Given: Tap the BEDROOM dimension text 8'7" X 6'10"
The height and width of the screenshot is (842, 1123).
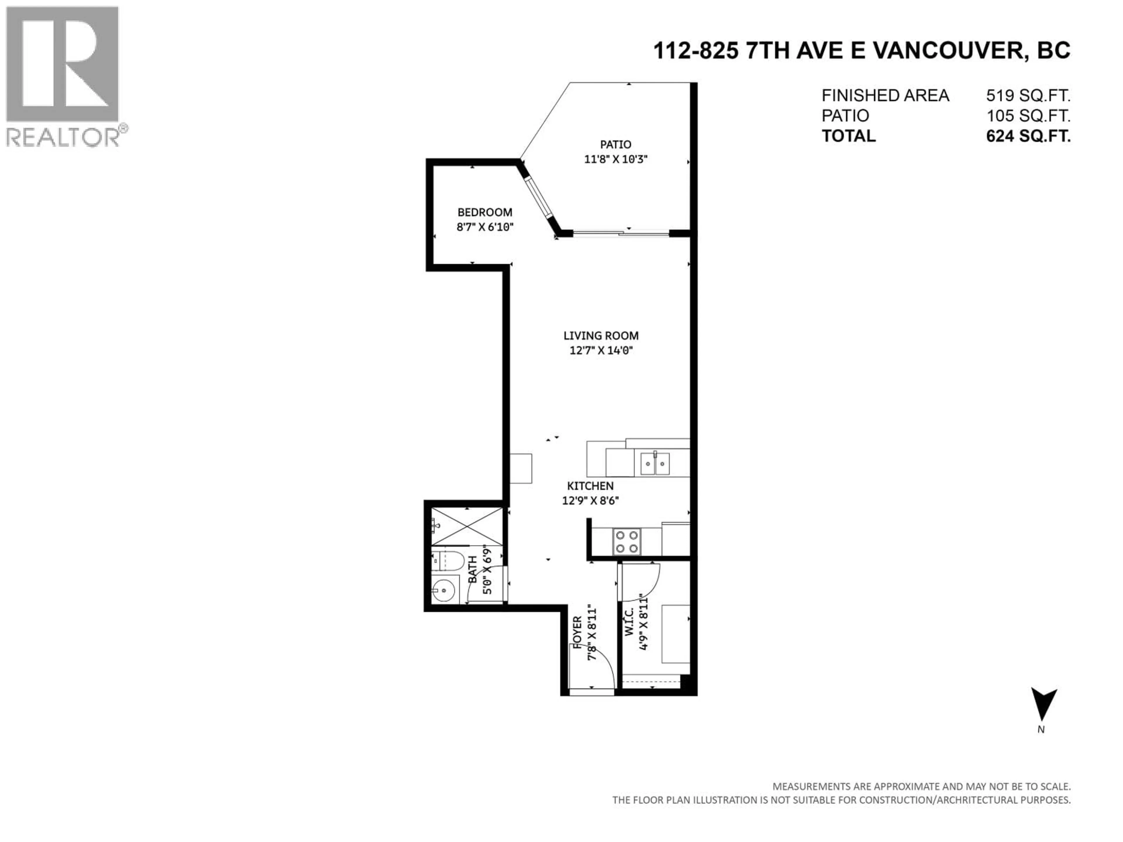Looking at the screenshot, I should point(485,227).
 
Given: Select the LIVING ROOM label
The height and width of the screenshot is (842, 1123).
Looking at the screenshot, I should point(601,335).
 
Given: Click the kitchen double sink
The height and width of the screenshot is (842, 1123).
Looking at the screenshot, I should point(655,463).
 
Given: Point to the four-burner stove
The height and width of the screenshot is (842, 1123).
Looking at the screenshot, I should point(626,541).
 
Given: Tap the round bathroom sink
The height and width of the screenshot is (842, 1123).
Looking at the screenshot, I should point(444,591).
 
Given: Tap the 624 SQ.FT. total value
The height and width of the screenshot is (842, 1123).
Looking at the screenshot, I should point(1028,136).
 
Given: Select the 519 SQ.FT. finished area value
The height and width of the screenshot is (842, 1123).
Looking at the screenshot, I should point(1028,95).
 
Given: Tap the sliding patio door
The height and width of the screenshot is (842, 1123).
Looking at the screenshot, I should point(620,234).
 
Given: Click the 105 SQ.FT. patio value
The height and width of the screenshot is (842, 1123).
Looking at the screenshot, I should point(1028,116).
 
